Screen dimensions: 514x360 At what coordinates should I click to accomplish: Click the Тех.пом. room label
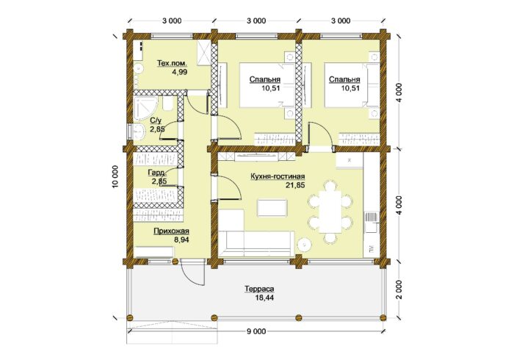(x=172, y=63)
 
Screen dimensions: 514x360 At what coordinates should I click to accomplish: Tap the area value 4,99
(x=180, y=72)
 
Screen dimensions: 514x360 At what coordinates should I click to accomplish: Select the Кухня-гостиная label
(x=278, y=176)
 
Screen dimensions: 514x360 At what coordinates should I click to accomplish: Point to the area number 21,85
(x=295, y=185)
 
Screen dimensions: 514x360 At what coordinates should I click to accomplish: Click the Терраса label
(x=259, y=289)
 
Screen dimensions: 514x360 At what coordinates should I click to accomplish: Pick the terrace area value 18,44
(x=264, y=298)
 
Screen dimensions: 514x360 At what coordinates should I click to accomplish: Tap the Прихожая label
(x=171, y=231)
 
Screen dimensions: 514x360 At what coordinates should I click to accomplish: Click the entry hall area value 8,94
(x=181, y=240)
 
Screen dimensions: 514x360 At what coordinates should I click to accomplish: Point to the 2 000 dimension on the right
(x=398, y=291)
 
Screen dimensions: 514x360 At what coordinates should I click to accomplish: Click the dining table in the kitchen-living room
(x=330, y=212)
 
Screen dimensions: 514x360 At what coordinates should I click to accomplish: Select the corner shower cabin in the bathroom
(x=145, y=108)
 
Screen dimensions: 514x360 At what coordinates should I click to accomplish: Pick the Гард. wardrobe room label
(x=156, y=173)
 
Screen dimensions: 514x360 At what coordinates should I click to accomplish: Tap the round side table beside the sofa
(x=305, y=244)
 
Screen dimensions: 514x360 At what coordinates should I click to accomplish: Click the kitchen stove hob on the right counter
(x=372, y=217)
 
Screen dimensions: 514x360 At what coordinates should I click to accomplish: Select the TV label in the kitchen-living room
(x=372, y=248)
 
